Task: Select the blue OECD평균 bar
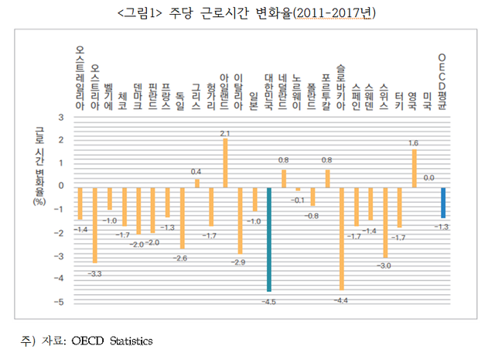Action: point(443,203)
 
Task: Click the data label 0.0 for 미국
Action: point(428,178)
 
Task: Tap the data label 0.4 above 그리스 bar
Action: point(196,171)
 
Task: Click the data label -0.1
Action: point(296,199)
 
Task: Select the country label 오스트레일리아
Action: point(80,77)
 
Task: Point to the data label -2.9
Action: point(239,263)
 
